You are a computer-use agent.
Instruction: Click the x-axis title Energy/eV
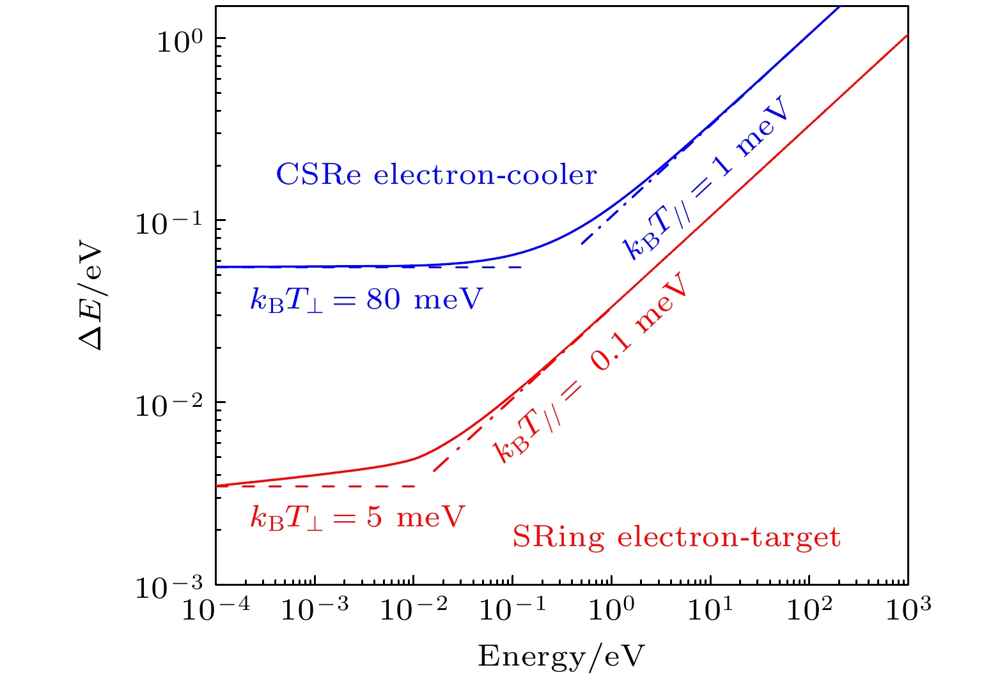(x=561, y=656)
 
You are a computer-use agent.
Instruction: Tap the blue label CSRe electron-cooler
(x=436, y=174)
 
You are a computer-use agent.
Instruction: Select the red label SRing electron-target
(x=676, y=537)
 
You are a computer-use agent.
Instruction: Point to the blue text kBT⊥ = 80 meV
(x=366, y=299)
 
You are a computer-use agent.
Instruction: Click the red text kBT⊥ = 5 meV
(x=357, y=517)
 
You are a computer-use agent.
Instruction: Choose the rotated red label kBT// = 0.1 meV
(x=591, y=367)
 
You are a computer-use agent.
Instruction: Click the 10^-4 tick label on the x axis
(x=215, y=609)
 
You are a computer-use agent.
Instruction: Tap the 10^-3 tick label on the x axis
(x=314, y=609)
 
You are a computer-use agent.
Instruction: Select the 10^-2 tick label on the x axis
(x=413, y=609)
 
